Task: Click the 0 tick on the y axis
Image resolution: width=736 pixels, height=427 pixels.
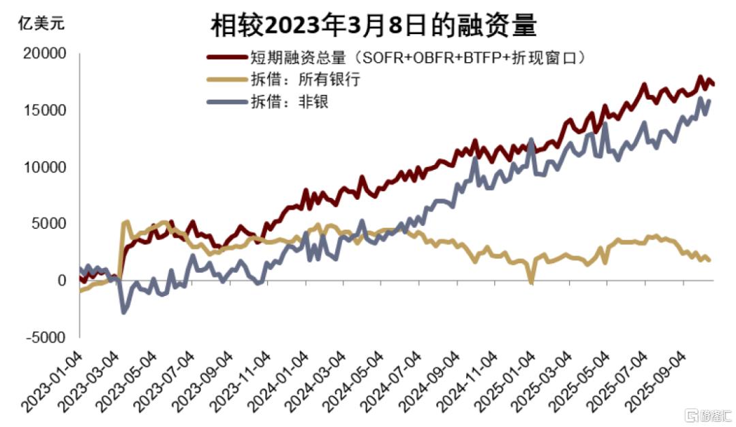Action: (63, 280)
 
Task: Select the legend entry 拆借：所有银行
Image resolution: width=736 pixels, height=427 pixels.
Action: (308, 79)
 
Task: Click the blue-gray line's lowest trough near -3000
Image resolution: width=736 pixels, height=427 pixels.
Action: (123, 312)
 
